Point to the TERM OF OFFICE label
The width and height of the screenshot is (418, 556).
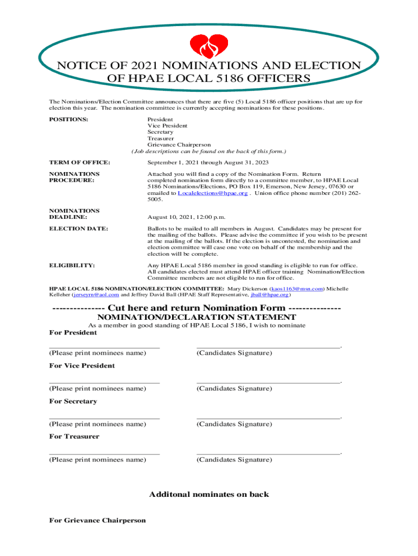coord(80,162)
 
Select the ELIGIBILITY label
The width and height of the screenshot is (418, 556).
coord(72,265)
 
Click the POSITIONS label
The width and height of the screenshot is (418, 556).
coord(69,119)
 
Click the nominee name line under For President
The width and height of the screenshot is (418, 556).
coord(104,346)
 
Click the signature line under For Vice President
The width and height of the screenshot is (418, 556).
coord(268,382)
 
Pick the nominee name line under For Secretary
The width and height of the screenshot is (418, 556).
coord(104,418)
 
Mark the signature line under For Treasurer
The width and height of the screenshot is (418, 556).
coord(268,453)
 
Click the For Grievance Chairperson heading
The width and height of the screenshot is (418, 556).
coord(98,520)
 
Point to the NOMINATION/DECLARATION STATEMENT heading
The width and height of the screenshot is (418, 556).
coord(197,317)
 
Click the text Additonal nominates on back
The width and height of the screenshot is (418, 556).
coord(209,494)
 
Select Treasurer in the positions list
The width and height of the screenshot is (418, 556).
coord(161,138)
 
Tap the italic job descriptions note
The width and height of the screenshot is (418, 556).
coord(208,151)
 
